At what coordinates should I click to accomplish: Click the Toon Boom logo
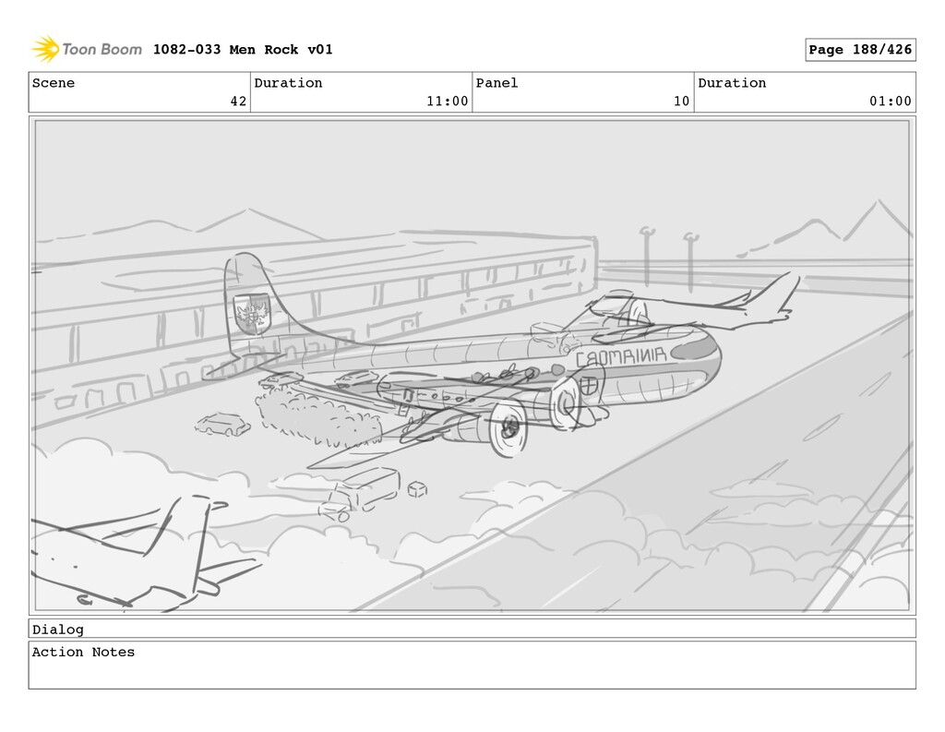click(x=86, y=49)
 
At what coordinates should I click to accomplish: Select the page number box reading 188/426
click(x=860, y=50)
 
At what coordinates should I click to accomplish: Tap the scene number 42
click(x=238, y=102)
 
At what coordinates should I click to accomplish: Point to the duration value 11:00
click(x=447, y=102)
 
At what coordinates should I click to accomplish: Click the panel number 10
click(x=681, y=102)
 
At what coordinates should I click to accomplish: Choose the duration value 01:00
click(x=890, y=102)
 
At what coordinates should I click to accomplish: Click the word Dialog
click(x=57, y=630)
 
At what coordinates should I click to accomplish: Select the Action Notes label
click(x=83, y=653)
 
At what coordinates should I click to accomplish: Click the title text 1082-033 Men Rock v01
click(x=243, y=50)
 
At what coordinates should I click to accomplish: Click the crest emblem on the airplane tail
click(x=250, y=312)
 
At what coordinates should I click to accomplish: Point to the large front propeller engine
click(x=507, y=426)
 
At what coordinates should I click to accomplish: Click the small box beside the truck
click(x=417, y=487)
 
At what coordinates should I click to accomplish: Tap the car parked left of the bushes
click(x=222, y=425)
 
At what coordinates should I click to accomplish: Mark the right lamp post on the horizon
click(x=689, y=259)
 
